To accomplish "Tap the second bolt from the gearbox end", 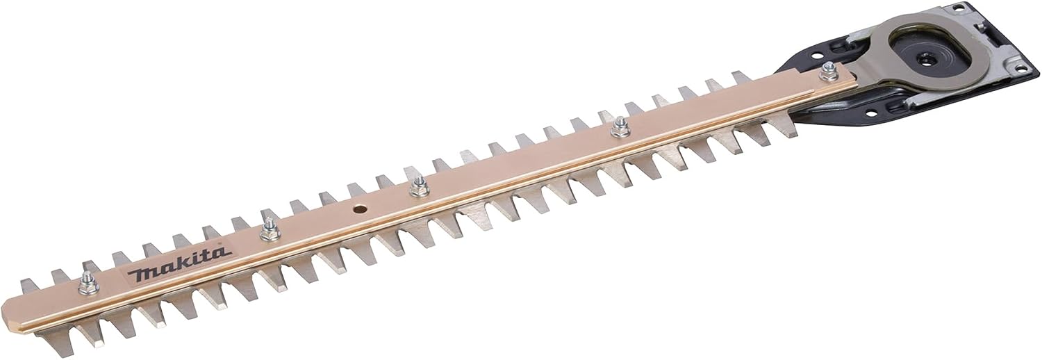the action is click(x=619, y=130).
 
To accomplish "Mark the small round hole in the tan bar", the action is click(x=358, y=209).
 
